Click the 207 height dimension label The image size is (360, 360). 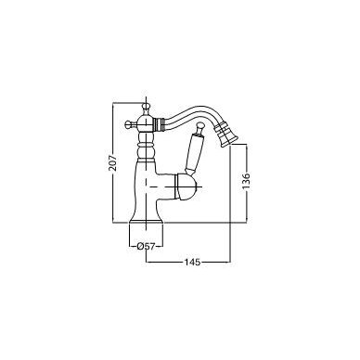113,161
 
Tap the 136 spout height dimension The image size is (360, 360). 246,181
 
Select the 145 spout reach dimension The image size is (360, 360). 192,263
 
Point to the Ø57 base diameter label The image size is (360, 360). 146,247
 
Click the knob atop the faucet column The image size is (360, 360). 146,108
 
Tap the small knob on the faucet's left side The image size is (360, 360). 128,124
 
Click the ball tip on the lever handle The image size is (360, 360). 199,126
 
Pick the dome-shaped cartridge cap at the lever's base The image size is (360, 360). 186,186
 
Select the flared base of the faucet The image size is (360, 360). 146,217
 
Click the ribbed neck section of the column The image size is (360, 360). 146,146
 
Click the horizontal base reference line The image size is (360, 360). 180,222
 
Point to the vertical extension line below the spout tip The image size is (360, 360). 230,205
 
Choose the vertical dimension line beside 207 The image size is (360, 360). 113,162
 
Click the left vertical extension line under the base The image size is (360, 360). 129,235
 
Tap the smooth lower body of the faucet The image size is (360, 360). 146,186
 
